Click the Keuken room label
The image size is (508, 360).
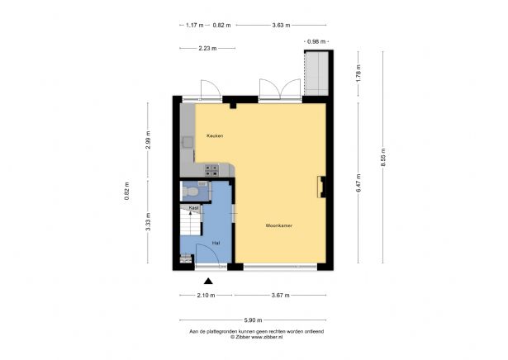coord(192,135)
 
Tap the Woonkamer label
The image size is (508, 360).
coord(278,225)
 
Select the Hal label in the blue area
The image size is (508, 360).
coord(216,243)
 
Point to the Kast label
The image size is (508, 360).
coord(193,208)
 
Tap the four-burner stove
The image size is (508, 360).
coord(211,170)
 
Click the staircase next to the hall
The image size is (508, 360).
coord(191,225)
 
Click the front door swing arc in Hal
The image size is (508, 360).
coord(207,255)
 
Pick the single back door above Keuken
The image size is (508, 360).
coord(208,88)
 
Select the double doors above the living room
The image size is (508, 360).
coord(278,88)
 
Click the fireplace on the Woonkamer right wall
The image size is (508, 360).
coord(320,187)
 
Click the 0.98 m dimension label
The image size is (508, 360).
coord(316,40)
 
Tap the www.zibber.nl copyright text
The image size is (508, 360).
coord(254,337)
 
